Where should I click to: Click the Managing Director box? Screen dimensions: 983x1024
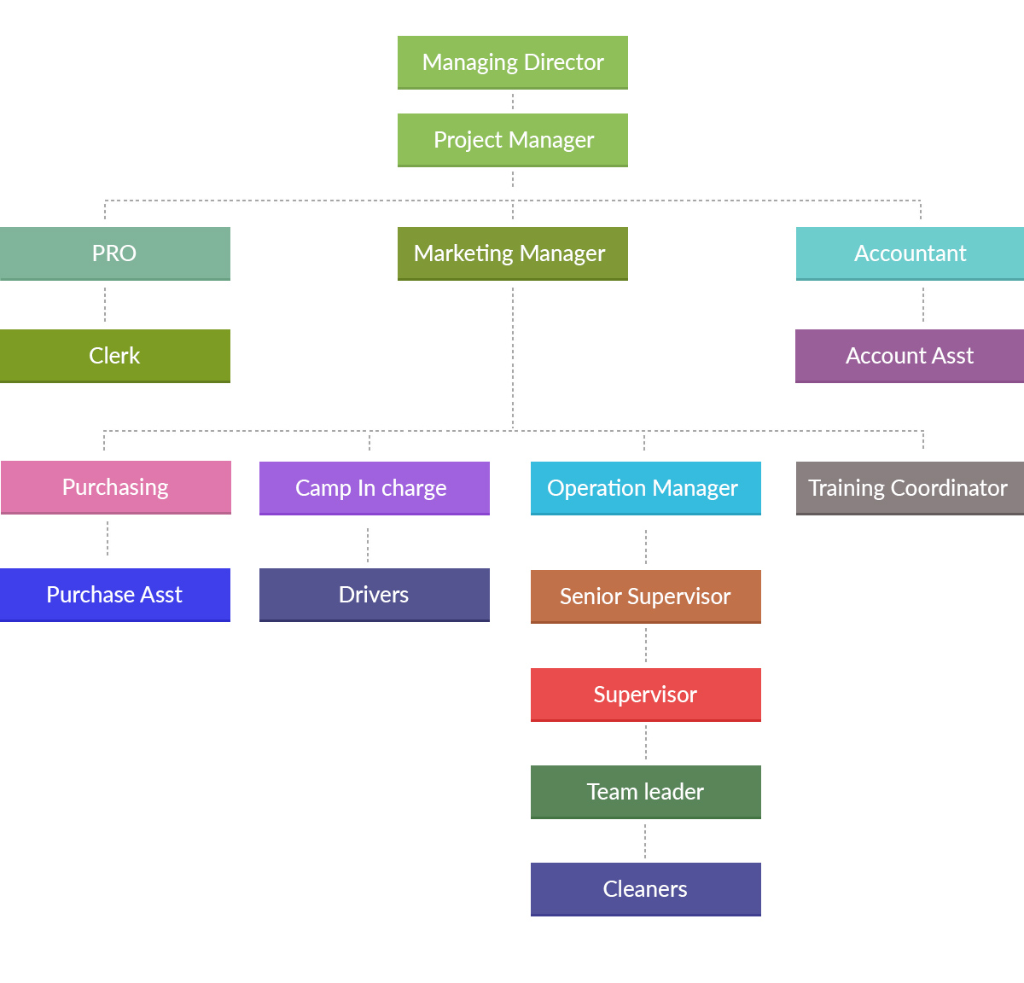coord(513,62)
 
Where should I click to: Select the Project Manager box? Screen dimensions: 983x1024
coord(513,140)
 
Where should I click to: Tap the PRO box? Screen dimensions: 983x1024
coord(114,253)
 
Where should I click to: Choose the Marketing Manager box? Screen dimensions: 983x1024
coord(513,253)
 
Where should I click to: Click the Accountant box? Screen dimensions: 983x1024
coord(910,253)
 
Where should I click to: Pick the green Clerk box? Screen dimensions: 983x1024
coord(114,356)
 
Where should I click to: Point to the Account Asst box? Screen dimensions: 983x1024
coord(910,356)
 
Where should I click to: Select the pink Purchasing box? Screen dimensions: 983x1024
coord(115,487)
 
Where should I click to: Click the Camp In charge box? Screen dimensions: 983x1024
coord(374,488)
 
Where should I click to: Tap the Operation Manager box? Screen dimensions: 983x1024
coord(645,488)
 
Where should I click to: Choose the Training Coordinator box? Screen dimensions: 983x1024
coord(910,488)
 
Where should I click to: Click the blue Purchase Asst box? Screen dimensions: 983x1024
coord(114,595)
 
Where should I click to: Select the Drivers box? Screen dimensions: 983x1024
coord(374,595)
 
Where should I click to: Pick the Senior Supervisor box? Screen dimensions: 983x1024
coord(645,596)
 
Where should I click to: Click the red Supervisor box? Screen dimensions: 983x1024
coord(645,695)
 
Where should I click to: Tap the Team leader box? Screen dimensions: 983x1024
coord(645,792)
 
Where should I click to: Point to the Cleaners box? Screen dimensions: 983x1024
coord(645,889)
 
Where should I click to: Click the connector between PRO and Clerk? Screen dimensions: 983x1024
coord(105,305)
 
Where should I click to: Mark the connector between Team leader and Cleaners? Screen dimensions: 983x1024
coord(645,840)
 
